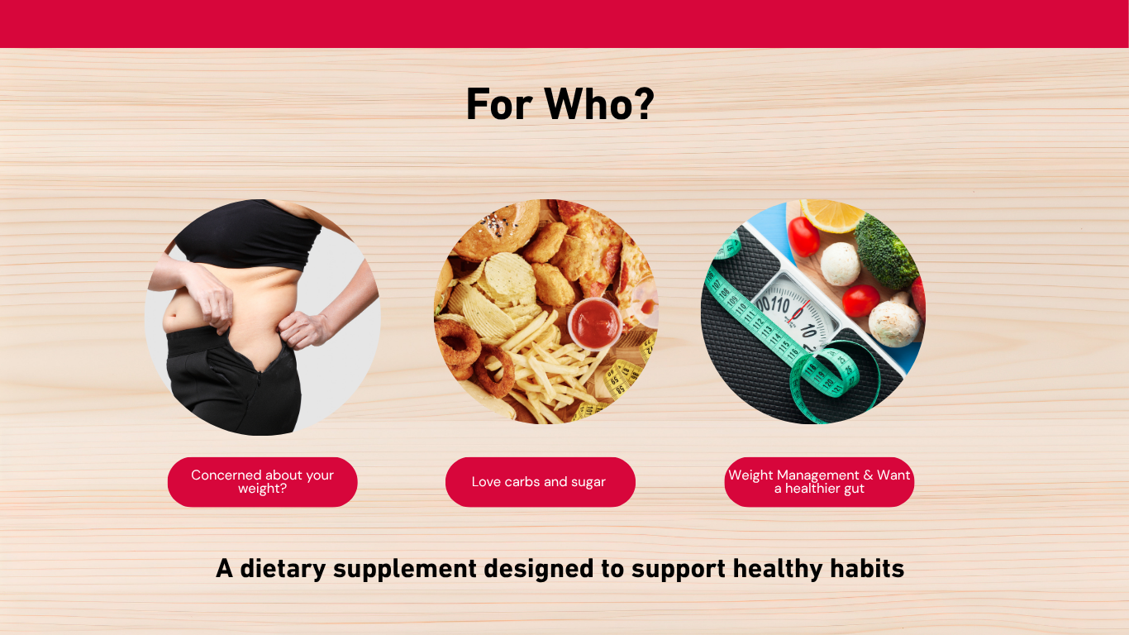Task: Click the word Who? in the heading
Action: point(599,104)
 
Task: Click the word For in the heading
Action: point(499,104)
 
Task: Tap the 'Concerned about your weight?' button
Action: point(263,482)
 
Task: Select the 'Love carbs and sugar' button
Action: point(541,482)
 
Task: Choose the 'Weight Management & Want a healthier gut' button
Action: point(819,482)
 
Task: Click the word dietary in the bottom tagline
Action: point(283,568)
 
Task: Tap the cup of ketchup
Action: point(595,323)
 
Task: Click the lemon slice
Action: point(831,214)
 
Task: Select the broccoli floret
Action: point(884,252)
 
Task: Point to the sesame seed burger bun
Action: point(497,230)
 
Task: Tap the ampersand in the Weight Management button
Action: point(868,475)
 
